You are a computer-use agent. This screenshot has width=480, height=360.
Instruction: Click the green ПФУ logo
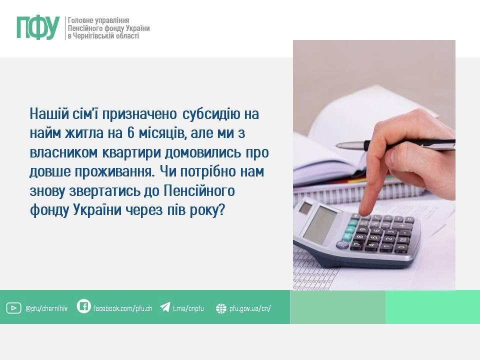tap(38, 28)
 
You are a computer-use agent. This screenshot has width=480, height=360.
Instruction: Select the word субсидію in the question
tap(211, 114)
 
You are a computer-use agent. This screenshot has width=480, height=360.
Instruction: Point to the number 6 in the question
tap(130, 133)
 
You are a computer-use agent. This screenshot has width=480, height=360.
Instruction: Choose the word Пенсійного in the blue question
tap(199, 190)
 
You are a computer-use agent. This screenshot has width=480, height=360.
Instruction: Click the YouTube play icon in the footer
tap(14, 308)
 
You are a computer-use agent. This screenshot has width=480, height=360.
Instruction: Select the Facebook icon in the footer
tap(83, 306)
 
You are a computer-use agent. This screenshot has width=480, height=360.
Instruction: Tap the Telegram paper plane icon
tap(165, 307)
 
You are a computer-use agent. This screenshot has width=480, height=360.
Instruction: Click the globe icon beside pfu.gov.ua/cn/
tap(221, 308)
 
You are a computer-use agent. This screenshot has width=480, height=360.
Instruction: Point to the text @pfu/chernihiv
tap(46, 308)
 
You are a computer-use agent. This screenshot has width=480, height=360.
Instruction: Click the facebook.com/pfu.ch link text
tap(123, 308)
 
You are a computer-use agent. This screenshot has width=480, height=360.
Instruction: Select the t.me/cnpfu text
tap(188, 308)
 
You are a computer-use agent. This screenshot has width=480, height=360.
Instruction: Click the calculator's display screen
tap(320, 224)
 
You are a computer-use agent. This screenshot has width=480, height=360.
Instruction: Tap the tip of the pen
tap(336, 145)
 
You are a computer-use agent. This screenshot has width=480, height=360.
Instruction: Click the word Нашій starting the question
tap(49, 114)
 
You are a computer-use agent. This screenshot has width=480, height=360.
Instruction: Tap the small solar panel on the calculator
tap(305, 208)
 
